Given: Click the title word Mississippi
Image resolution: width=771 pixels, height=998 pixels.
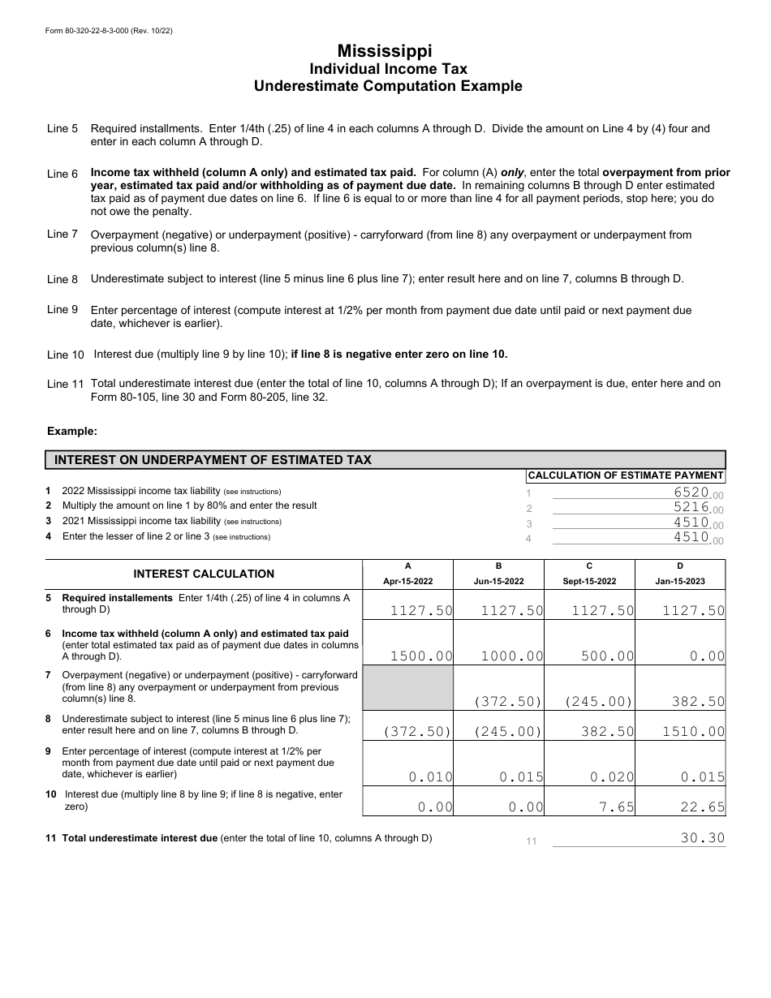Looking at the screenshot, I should click(x=385, y=50).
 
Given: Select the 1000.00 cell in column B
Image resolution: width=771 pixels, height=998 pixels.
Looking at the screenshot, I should click(x=512, y=656).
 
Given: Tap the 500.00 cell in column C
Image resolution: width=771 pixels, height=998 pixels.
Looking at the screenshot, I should click(x=607, y=656).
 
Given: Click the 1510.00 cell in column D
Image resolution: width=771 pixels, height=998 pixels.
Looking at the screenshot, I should click(x=693, y=731).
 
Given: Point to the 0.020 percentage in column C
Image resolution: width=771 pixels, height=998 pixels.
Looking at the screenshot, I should click(x=612, y=776).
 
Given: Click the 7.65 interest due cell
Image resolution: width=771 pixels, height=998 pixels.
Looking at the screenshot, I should click(x=619, y=807).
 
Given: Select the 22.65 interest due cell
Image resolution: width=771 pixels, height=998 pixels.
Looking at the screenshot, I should click(x=704, y=807).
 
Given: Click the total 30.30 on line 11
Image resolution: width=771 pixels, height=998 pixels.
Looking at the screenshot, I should click(x=702, y=838).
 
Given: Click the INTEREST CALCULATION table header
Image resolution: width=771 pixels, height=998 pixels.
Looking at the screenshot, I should click(x=204, y=574).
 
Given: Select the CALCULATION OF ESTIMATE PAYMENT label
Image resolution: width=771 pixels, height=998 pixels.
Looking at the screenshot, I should click(x=625, y=475).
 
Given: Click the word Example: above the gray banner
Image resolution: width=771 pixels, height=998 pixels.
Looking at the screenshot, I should click(x=72, y=431).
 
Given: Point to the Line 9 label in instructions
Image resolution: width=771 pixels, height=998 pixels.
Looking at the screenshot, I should click(x=62, y=309).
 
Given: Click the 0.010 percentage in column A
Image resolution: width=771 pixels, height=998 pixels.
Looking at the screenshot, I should click(x=430, y=776).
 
